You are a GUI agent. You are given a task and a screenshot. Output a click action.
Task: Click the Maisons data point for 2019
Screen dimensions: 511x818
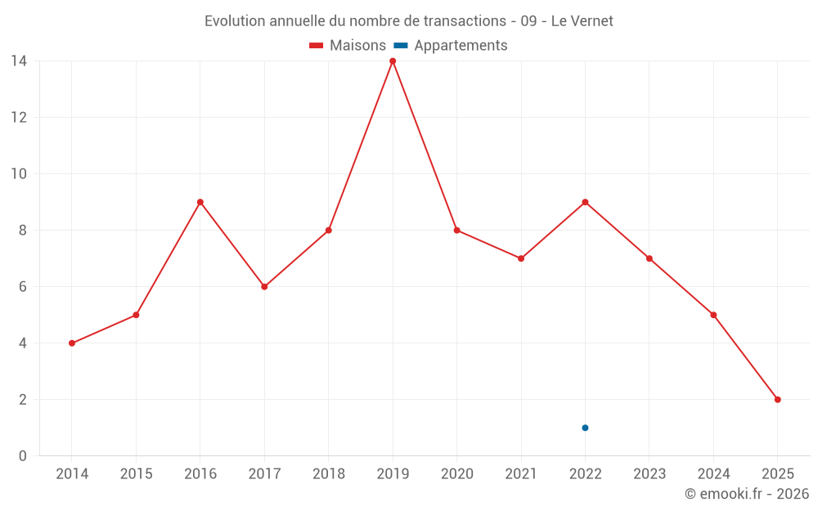393,61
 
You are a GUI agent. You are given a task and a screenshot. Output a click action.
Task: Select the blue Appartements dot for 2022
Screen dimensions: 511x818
585,428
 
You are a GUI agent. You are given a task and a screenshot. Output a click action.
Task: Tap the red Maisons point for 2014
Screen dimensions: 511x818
72,343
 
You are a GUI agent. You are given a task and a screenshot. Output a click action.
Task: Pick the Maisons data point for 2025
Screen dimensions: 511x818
777,400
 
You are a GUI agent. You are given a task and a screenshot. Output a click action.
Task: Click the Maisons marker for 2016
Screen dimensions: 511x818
200,202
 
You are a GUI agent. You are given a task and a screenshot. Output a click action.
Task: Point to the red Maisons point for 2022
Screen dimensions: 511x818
585,202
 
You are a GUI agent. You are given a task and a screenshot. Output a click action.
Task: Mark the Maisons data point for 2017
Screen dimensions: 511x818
264,287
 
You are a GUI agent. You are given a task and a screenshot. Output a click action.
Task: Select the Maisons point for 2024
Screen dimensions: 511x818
713,315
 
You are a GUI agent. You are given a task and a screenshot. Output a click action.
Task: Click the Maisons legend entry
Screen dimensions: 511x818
348,46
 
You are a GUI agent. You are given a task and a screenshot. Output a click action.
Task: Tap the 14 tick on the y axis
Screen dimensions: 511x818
18,61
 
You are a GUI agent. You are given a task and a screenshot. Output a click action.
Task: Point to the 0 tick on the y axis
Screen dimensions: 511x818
22,456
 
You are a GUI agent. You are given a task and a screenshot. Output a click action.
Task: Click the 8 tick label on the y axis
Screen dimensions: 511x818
22,231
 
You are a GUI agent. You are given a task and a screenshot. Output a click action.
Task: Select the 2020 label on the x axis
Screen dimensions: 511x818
456,474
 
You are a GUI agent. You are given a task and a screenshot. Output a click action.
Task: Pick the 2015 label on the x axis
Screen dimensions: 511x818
136,474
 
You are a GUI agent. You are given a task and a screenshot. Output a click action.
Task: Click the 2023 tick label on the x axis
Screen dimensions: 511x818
649,474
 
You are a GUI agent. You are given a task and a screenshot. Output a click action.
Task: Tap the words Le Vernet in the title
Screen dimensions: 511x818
582,21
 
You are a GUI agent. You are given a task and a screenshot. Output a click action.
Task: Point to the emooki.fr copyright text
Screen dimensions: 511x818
746,494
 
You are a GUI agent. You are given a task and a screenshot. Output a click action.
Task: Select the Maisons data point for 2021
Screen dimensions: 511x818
521,258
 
